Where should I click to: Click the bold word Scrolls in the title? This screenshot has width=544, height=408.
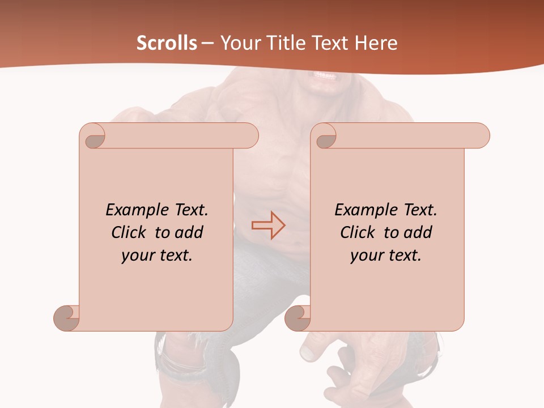tap(167, 43)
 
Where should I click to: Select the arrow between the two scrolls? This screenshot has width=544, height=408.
tap(268, 226)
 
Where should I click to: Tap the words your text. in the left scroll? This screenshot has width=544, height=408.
tap(157, 256)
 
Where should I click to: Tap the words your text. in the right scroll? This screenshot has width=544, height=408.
tap(386, 256)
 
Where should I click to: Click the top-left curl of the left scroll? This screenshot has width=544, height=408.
tap(94, 137)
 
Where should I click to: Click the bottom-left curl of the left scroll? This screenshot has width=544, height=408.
tap(67, 318)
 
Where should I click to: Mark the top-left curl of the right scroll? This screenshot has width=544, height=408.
tap(325, 137)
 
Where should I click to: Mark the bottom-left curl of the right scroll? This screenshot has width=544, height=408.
tap(298, 318)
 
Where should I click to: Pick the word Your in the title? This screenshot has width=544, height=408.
tap(239, 43)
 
